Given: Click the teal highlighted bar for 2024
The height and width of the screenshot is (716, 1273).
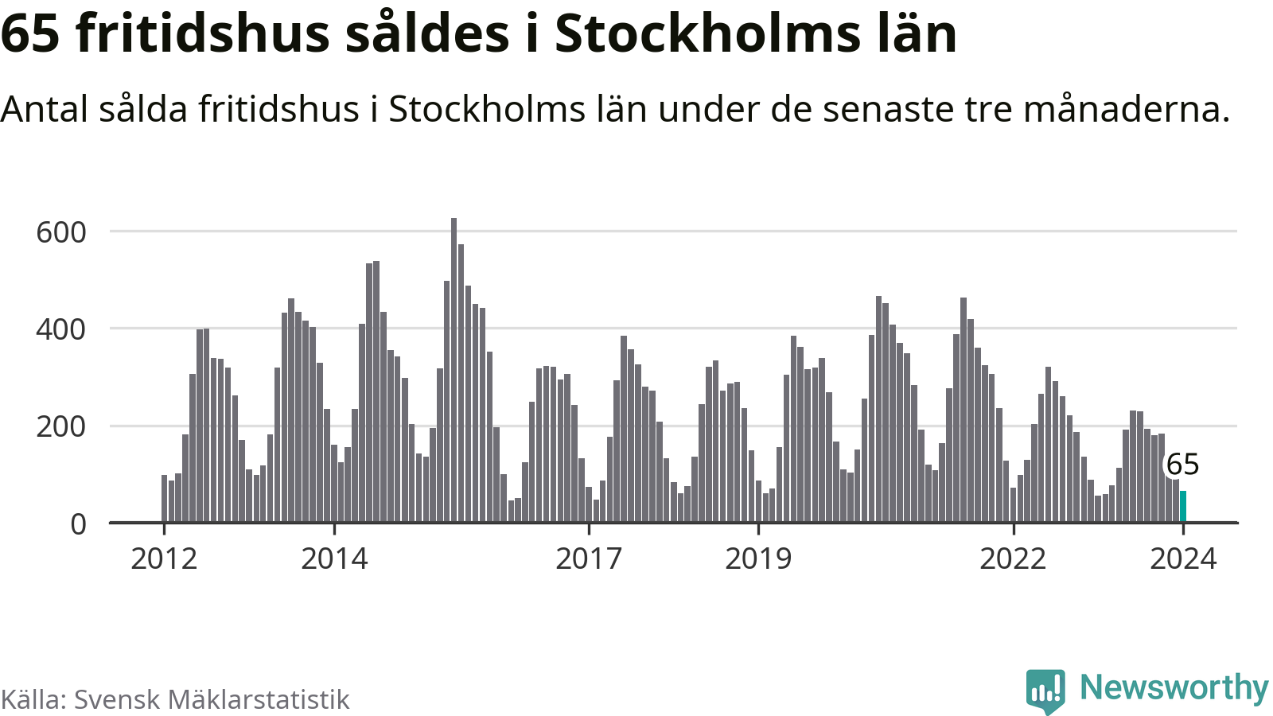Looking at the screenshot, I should [1183, 507].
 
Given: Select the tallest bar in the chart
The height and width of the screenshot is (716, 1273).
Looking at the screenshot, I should [454, 370].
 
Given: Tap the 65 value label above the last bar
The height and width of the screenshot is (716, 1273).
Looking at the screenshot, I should [1182, 465].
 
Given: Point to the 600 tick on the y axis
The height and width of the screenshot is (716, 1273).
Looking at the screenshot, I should [61, 232].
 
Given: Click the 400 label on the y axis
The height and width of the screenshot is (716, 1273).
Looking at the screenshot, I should [61, 329].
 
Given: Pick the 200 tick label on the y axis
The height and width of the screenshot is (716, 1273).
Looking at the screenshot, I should [61, 427].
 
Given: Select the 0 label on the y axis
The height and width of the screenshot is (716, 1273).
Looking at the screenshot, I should [78, 524].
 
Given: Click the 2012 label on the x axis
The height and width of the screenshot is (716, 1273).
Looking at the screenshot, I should [164, 559].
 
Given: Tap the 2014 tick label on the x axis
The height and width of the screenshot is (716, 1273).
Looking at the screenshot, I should [334, 559].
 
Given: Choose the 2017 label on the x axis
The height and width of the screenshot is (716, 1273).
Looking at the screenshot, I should [589, 559].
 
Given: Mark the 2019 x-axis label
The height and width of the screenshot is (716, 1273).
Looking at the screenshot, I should [758, 559].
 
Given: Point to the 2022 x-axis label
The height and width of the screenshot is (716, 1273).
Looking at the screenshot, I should [1013, 559].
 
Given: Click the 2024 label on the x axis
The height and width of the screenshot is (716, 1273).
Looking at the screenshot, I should [1183, 559].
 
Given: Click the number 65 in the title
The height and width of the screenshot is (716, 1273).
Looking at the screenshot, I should [31, 33].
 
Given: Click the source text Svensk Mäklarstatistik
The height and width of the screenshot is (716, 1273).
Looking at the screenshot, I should [212, 699].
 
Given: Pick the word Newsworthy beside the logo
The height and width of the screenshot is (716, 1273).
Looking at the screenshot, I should [1174, 687].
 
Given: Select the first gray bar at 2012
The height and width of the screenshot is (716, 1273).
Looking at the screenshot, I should [165, 499].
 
